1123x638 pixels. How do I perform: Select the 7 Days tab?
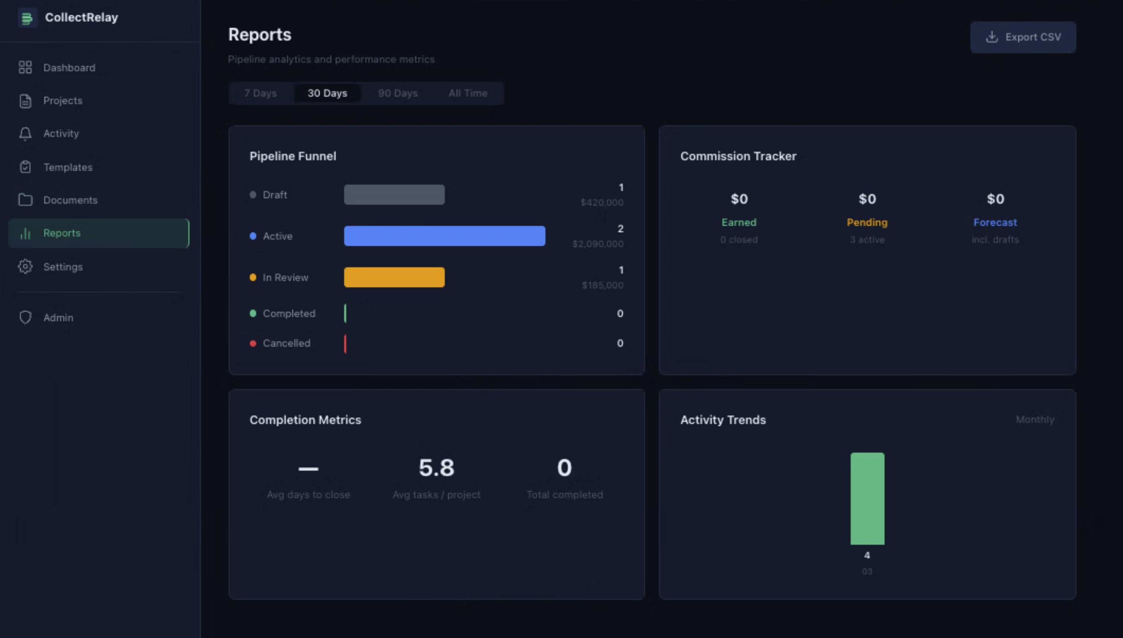point(260,93)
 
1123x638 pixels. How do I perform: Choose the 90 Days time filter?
point(397,93)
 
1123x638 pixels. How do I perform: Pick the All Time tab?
point(468,93)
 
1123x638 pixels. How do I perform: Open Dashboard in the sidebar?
point(69,68)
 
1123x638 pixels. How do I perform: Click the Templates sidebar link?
point(68,167)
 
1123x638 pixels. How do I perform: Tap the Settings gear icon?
point(25,267)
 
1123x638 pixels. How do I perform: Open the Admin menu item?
point(58,318)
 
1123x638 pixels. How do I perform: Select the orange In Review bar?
point(394,277)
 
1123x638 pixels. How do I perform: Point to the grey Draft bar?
point(394,195)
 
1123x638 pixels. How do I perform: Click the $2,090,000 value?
point(598,244)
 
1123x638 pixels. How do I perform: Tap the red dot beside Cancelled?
point(253,344)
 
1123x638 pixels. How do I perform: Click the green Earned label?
point(739,222)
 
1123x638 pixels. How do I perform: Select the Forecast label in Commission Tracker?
point(995,222)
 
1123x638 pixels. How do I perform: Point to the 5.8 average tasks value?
point(436,468)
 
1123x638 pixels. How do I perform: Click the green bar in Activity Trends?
point(867,499)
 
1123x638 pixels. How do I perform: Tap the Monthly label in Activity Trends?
point(1034,420)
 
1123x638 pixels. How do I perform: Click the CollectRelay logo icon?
point(27,18)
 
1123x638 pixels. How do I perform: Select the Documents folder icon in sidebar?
point(25,200)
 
